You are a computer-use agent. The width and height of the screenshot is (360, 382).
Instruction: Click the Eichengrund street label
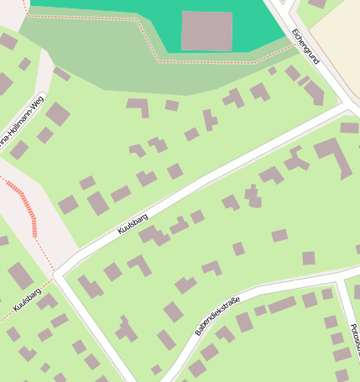305,46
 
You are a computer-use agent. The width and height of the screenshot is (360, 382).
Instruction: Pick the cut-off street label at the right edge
353,336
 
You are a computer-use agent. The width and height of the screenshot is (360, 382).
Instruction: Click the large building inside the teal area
206,31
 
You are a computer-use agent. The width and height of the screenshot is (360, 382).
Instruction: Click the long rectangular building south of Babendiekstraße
281,305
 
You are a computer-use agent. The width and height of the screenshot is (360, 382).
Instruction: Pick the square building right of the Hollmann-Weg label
58,113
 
